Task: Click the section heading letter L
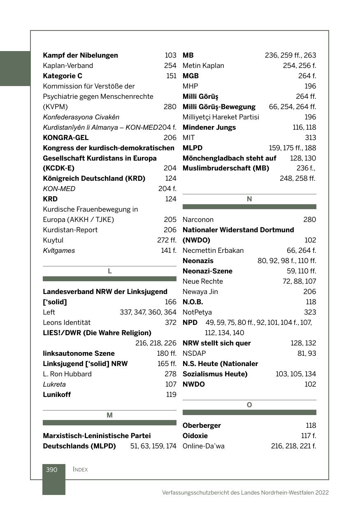(109, 271)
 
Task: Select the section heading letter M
(109, 415)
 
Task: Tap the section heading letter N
(249, 199)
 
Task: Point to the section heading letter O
(249, 405)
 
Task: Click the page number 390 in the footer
(51, 469)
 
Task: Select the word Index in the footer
(80, 469)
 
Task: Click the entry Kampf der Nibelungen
(80, 55)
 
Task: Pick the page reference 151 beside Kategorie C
(171, 76)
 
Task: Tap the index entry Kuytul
(53, 240)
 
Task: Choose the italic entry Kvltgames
(59, 250)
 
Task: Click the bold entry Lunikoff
(57, 394)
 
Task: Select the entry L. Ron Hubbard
(67, 374)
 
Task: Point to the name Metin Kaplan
(203, 65)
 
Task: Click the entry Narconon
(198, 219)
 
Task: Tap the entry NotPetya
(197, 312)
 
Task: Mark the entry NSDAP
(194, 353)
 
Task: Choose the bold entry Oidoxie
(195, 436)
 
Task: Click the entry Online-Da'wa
(203, 446)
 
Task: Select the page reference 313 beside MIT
(310, 138)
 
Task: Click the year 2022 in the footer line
(322, 492)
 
